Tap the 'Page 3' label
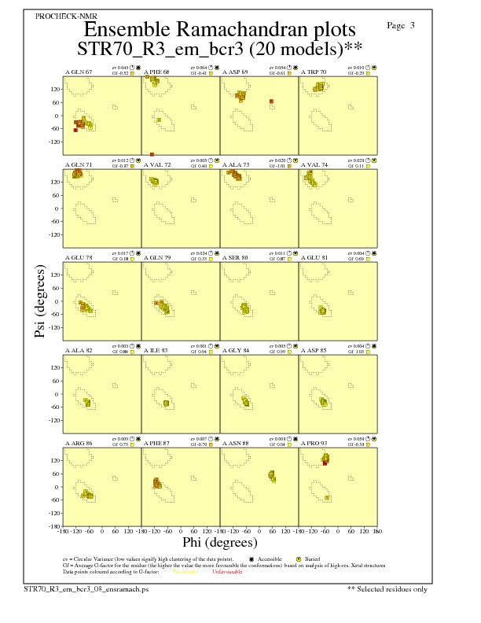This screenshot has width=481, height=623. pos(401,26)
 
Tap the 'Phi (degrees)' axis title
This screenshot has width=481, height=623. pos(220,543)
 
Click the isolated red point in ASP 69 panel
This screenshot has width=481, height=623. pos(270,101)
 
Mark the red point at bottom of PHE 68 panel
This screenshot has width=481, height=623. pos(152,154)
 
